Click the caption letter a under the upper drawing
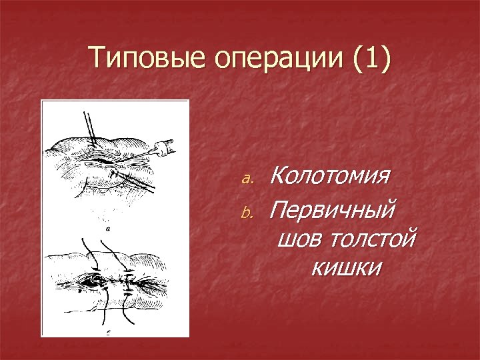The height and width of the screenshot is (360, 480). coord(107,229)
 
